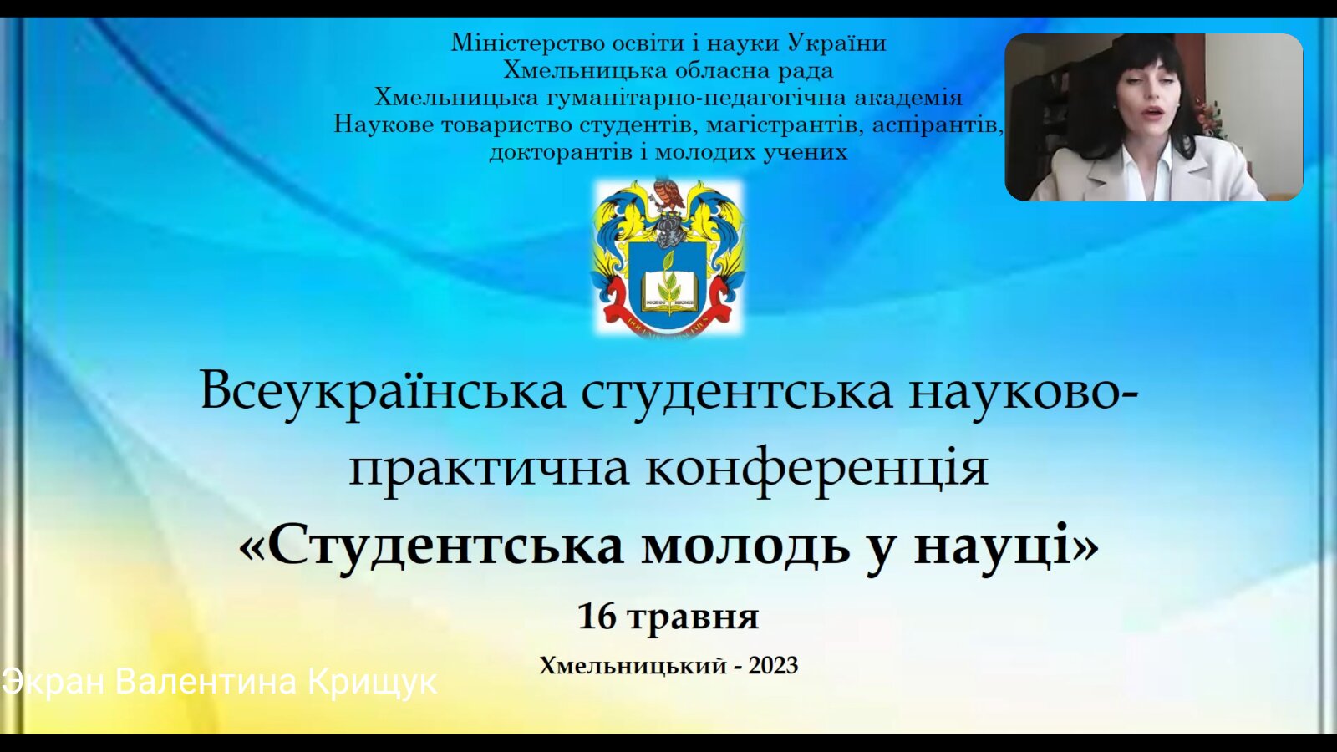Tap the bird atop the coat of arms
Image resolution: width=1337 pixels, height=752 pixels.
pyautogui.click(x=668, y=193)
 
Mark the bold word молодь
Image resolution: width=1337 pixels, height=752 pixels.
pyautogui.click(x=745, y=546)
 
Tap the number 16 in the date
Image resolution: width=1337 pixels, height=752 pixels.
pyautogui.click(x=597, y=617)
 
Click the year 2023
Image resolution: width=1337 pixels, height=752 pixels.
pyautogui.click(x=773, y=665)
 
